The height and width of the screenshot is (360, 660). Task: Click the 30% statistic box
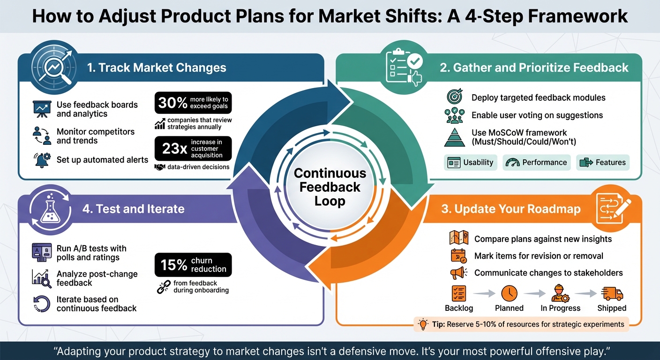pyautogui.click(x=193, y=103)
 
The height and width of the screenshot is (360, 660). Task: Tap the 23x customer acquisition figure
pyautogui.click(x=193, y=149)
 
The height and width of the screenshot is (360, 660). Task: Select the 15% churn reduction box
pyautogui.click(x=193, y=265)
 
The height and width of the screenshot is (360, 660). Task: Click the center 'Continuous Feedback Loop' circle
pyautogui.click(x=330, y=187)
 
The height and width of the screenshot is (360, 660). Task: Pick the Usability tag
pyautogui.click(x=470, y=162)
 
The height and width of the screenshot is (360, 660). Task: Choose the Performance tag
pyautogui.click(x=537, y=162)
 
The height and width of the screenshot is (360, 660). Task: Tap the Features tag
pyautogui.click(x=602, y=162)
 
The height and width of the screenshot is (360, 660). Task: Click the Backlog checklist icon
pyautogui.click(x=458, y=293)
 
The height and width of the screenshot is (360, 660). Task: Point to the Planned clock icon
pyautogui.click(x=509, y=293)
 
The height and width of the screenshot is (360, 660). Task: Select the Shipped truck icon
pyautogui.click(x=612, y=293)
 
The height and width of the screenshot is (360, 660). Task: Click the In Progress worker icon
pyautogui.click(x=560, y=293)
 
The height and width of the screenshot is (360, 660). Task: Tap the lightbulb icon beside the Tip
pyautogui.click(x=423, y=324)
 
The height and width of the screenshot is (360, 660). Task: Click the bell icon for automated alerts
pyautogui.click(x=41, y=160)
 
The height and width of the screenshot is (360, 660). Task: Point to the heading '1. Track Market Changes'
pyautogui.click(x=157, y=67)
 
